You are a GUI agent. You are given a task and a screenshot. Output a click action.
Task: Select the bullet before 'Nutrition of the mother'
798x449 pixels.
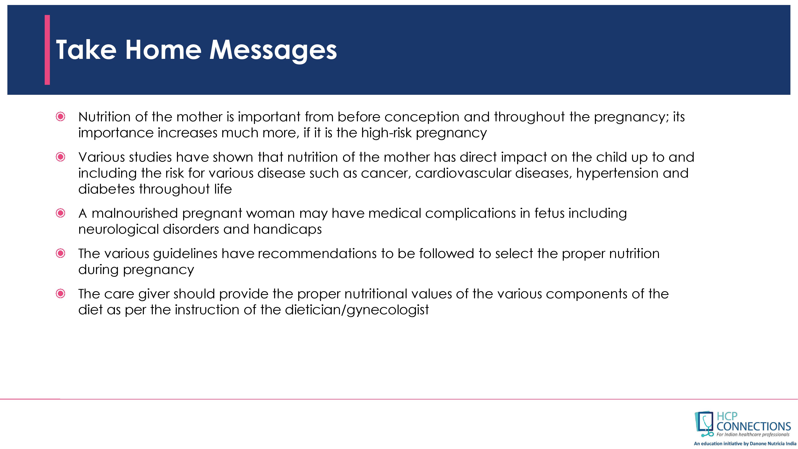pos(60,117)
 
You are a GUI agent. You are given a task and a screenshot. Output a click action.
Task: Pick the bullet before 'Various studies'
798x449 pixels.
pos(60,157)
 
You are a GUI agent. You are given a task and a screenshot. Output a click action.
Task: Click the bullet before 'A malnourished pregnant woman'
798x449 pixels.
pos(60,213)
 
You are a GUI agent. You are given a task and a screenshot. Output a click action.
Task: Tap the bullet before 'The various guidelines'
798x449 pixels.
pos(60,253)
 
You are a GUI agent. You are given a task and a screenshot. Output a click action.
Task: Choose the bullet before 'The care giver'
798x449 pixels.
pos(60,294)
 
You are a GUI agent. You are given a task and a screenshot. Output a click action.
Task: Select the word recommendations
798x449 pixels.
pos(317,253)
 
